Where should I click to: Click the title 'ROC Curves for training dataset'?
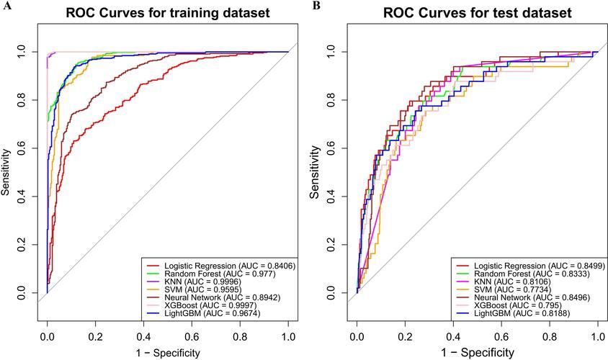(168, 13)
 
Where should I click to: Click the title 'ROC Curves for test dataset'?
(478, 13)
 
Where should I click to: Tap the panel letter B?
(317, 6)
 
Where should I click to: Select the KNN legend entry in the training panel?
(203, 282)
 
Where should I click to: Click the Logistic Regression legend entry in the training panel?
(230, 266)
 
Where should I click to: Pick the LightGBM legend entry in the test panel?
(522, 313)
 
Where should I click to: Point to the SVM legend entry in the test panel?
(512, 289)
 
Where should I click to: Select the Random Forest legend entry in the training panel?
(220, 274)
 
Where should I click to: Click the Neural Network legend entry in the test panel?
(532, 297)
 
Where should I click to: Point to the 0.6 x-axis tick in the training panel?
(192, 337)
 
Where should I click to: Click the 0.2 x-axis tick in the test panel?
(405, 337)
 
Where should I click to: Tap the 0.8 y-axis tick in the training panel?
(22, 100)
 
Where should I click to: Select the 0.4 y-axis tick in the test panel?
(331, 197)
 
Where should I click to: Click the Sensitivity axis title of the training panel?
(5, 172)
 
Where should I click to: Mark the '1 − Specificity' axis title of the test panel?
(478, 352)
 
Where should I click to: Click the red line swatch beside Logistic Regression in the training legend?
(153, 266)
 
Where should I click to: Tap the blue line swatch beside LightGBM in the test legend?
(463, 313)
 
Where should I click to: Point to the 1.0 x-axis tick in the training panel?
(288, 337)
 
